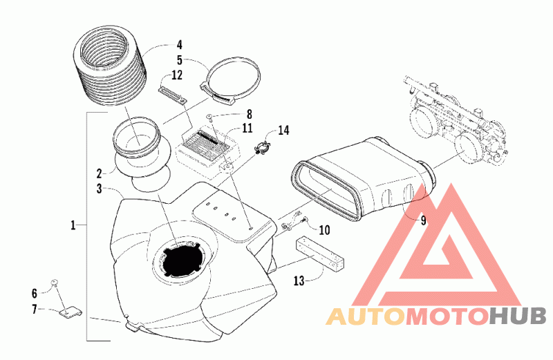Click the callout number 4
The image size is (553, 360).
(x=179, y=45)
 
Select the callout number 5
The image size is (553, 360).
(x=180, y=60)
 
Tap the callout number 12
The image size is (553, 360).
(x=177, y=75)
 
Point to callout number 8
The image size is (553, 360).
(x=250, y=114)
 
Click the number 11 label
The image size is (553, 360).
(x=247, y=128)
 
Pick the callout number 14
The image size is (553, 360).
(x=283, y=130)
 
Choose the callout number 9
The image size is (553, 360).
(x=423, y=220)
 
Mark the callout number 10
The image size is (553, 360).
(x=324, y=230)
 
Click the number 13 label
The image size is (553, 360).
(x=299, y=281)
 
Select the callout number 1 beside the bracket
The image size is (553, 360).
(x=73, y=225)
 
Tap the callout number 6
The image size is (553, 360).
(x=34, y=293)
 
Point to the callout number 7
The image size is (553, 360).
(x=34, y=310)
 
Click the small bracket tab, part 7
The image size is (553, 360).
(x=71, y=312)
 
